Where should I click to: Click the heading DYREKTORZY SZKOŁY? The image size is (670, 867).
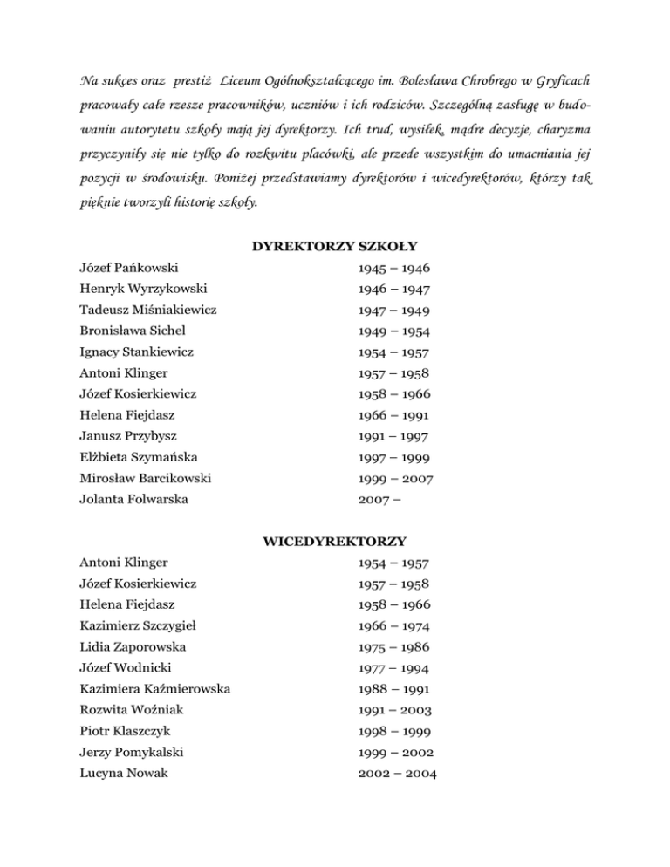335,247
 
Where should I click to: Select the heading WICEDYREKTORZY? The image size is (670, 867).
335,542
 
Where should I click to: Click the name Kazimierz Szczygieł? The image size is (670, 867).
140,626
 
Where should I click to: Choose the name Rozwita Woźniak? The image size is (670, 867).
129,710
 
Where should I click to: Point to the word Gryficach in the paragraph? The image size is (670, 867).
564,80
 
